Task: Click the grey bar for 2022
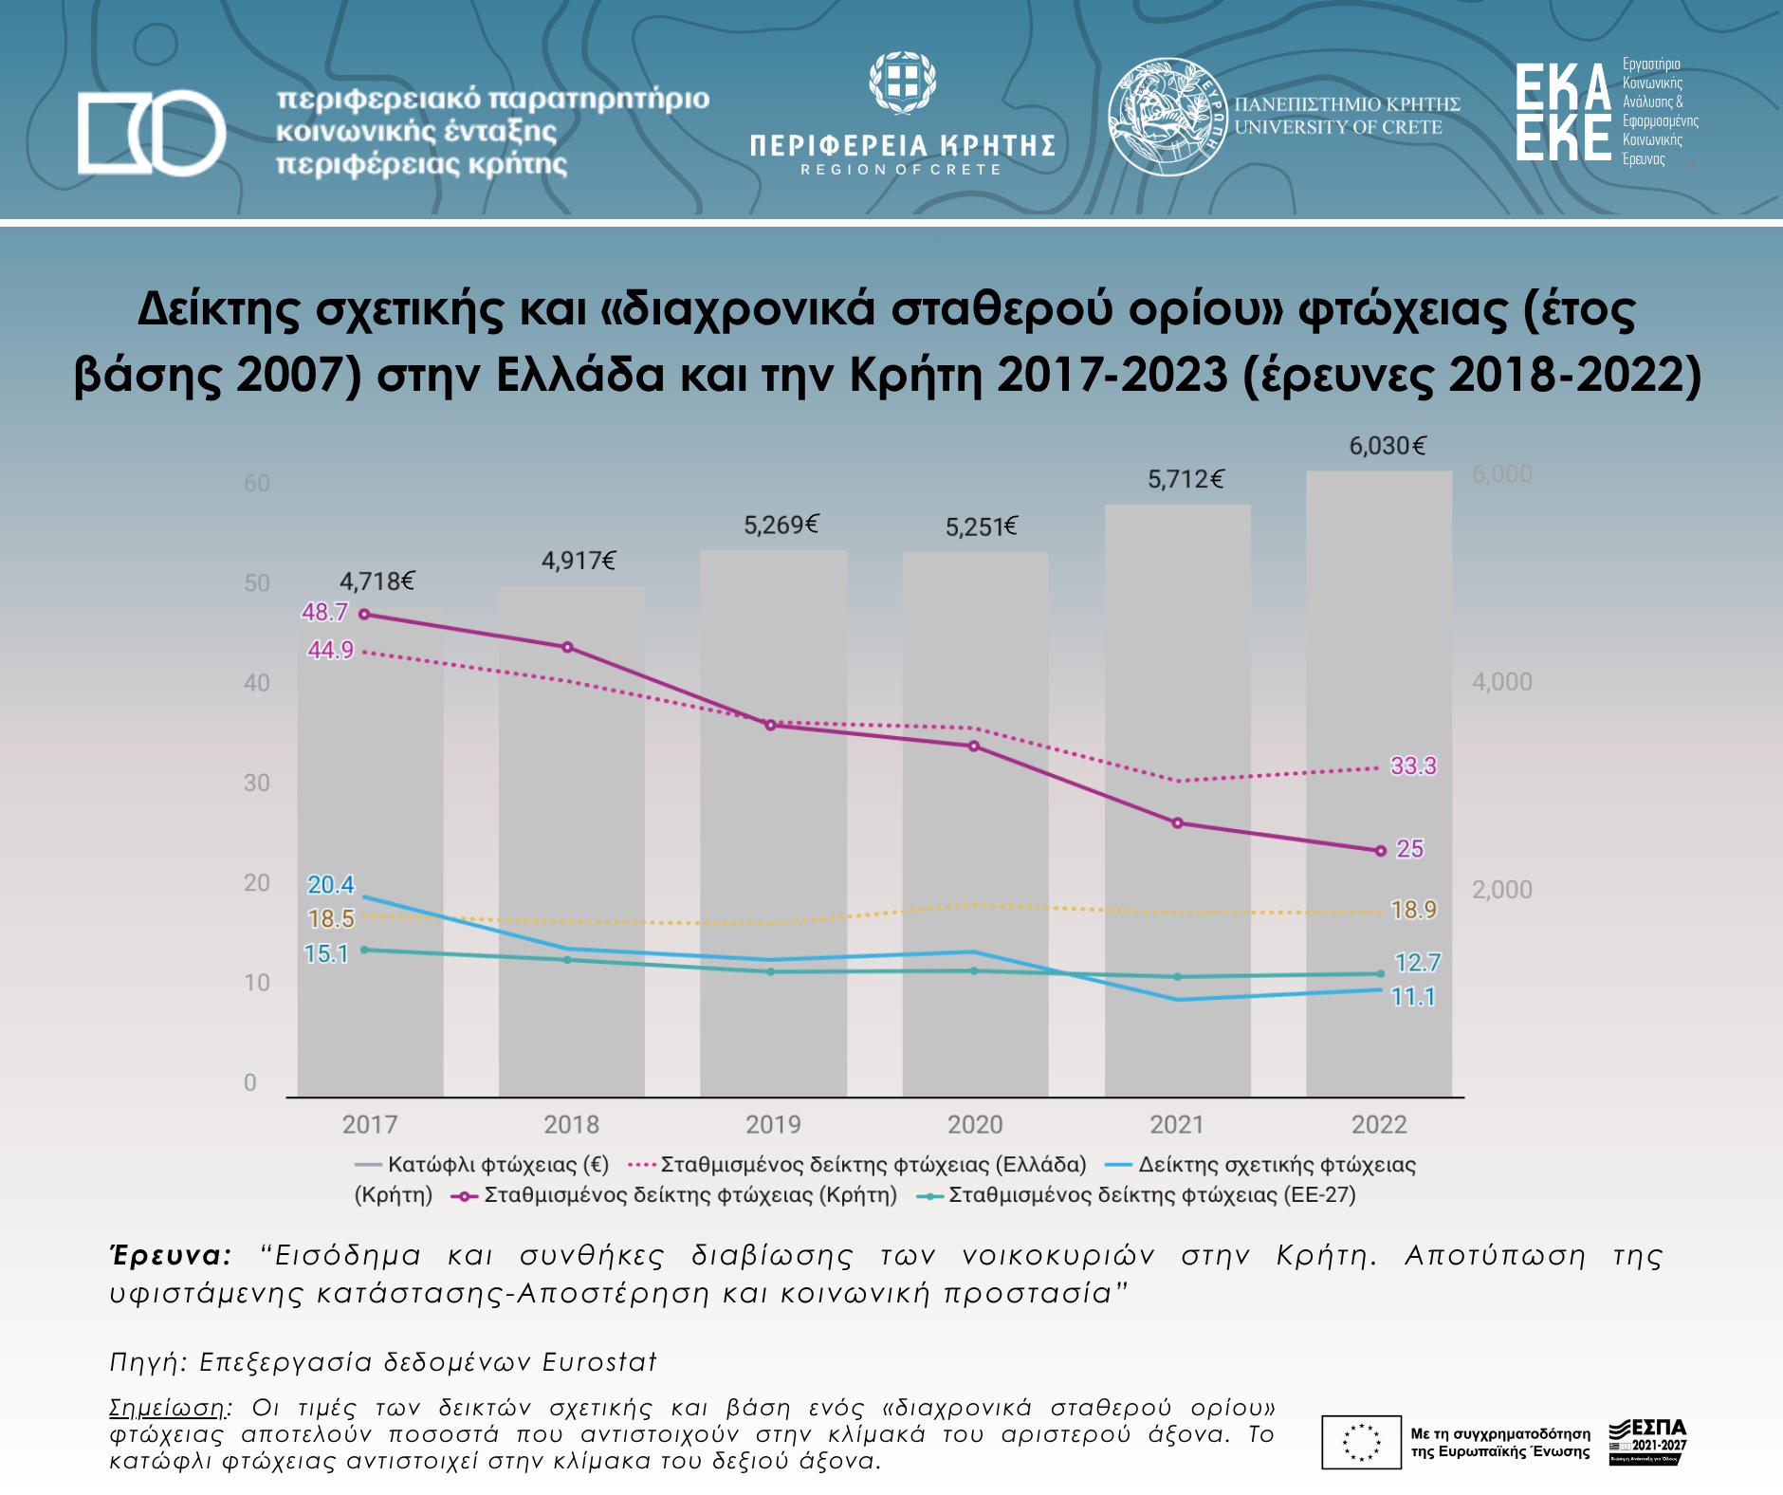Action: [1378, 949]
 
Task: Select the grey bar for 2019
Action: [773, 996]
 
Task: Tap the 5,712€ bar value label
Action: [1186, 480]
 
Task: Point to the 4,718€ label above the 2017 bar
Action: [377, 581]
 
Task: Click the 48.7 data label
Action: [325, 613]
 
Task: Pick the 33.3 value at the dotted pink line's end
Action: [1413, 766]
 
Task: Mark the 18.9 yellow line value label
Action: [1413, 911]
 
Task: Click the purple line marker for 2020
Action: [974, 747]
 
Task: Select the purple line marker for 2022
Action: [1381, 851]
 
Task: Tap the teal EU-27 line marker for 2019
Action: [770, 971]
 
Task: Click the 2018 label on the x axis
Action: [571, 1125]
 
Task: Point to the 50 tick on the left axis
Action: [257, 583]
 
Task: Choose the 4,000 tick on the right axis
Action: [1501, 682]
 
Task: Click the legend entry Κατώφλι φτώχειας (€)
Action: [482, 1165]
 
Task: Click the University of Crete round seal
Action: [1167, 116]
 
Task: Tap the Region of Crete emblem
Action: [902, 83]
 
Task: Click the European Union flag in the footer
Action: [1361, 1443]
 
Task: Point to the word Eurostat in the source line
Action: [599, 1363]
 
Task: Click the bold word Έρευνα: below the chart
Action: [171, 1256]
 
